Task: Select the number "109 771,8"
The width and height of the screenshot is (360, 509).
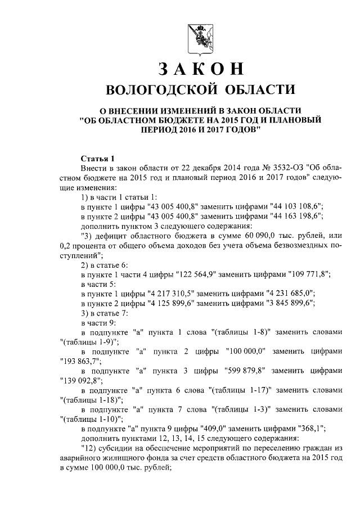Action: (304, 274)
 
